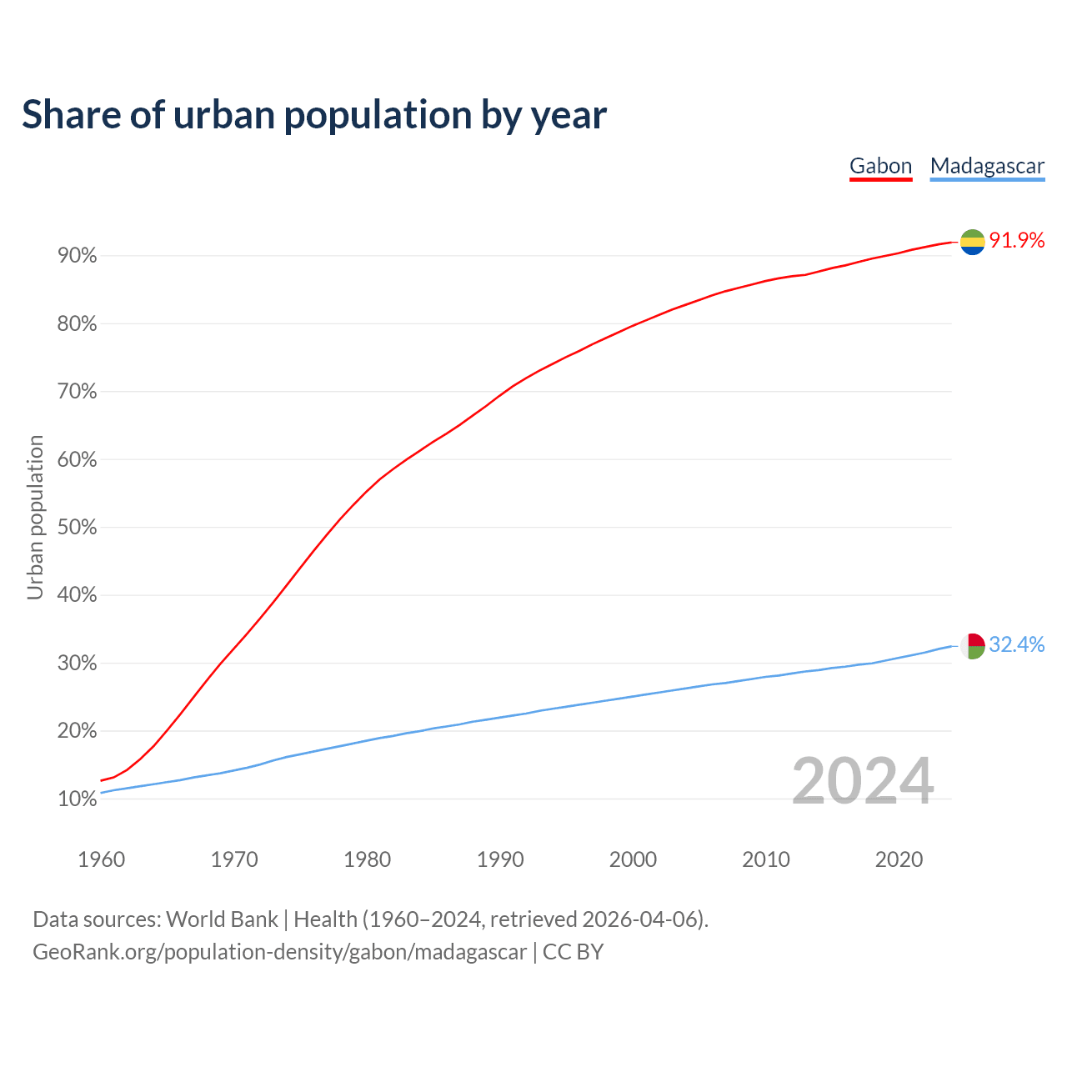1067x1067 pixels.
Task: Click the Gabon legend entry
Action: click(880, 166)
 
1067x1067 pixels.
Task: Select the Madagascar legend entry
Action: click(987, 166)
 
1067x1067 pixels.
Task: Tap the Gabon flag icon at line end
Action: click(972, 242)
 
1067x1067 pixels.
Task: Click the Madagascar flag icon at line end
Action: click(972, 646)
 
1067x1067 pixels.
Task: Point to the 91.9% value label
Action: click(1016, 241)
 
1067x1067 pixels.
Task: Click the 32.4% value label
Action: click(1016, 645)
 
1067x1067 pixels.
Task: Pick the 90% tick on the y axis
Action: click(78, 256)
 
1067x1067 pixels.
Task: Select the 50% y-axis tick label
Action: click(78, 528)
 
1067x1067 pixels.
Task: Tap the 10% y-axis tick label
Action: click(78, 799)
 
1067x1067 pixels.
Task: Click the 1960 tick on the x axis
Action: click(101, 859)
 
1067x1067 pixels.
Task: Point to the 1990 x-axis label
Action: click(500, 859)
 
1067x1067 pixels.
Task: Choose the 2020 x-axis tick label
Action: click(899, 859)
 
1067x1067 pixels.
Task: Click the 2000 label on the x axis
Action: click(633, 859)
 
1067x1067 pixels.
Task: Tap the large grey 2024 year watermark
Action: click(863, 781)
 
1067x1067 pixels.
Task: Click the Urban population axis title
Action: click(35, 517)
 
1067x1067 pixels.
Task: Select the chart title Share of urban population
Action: click(314, 115)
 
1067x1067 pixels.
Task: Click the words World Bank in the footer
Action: click(222, 919)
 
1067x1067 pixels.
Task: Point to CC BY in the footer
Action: click(573, 952)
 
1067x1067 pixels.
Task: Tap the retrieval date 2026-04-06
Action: click(639, 919)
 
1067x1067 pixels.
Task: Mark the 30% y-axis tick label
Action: click(78, 664)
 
